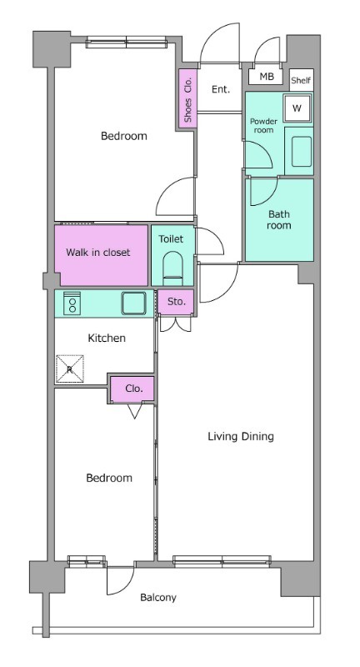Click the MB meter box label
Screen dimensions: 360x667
267,77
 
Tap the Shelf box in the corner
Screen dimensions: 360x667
301,80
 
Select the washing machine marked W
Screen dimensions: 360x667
297,108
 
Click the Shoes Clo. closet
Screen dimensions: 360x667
187,97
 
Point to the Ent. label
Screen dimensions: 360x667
221,89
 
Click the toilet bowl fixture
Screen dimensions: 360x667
172,268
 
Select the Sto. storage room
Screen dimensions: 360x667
177,302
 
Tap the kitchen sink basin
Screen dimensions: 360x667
133,303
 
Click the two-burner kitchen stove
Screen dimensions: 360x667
72,303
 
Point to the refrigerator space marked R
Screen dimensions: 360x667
70,369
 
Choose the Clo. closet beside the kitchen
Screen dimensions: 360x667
133,389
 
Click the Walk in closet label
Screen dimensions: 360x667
97,253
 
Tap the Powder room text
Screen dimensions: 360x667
263,126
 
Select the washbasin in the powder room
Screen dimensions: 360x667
302,151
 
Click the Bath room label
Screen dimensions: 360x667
279,219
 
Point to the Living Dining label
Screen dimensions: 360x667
241,436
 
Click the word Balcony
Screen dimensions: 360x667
158,598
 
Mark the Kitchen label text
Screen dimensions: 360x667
107,339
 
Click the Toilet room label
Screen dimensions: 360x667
171,239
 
